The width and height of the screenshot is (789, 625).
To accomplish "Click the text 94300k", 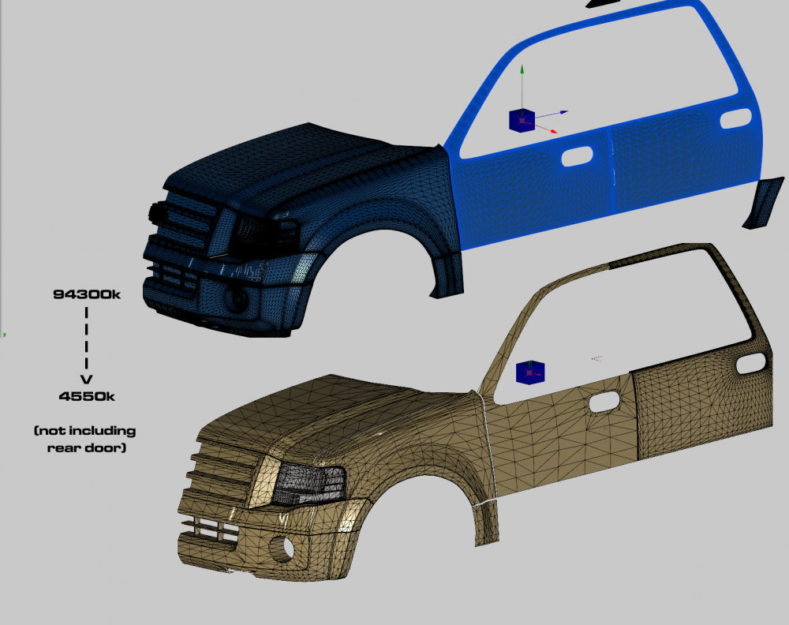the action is [87, 294].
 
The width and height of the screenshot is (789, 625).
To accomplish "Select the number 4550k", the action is [87, 396].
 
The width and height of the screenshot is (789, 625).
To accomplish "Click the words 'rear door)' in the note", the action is [87, 448].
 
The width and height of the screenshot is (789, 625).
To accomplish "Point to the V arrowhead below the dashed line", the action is [87, 380].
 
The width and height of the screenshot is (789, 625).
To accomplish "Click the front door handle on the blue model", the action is [577, 156].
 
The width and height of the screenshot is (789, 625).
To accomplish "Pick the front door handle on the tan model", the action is [604, 402].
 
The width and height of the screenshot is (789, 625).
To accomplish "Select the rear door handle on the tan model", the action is [752, 364].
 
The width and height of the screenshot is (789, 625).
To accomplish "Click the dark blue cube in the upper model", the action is [522, 120].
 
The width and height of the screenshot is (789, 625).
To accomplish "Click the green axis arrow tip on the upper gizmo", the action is [522, 66].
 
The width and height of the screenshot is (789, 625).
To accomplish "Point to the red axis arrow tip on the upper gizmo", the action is [555, 133].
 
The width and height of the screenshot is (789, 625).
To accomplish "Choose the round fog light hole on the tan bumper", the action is [282, 549].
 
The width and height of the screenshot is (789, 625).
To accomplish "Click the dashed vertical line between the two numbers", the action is [87, 339].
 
